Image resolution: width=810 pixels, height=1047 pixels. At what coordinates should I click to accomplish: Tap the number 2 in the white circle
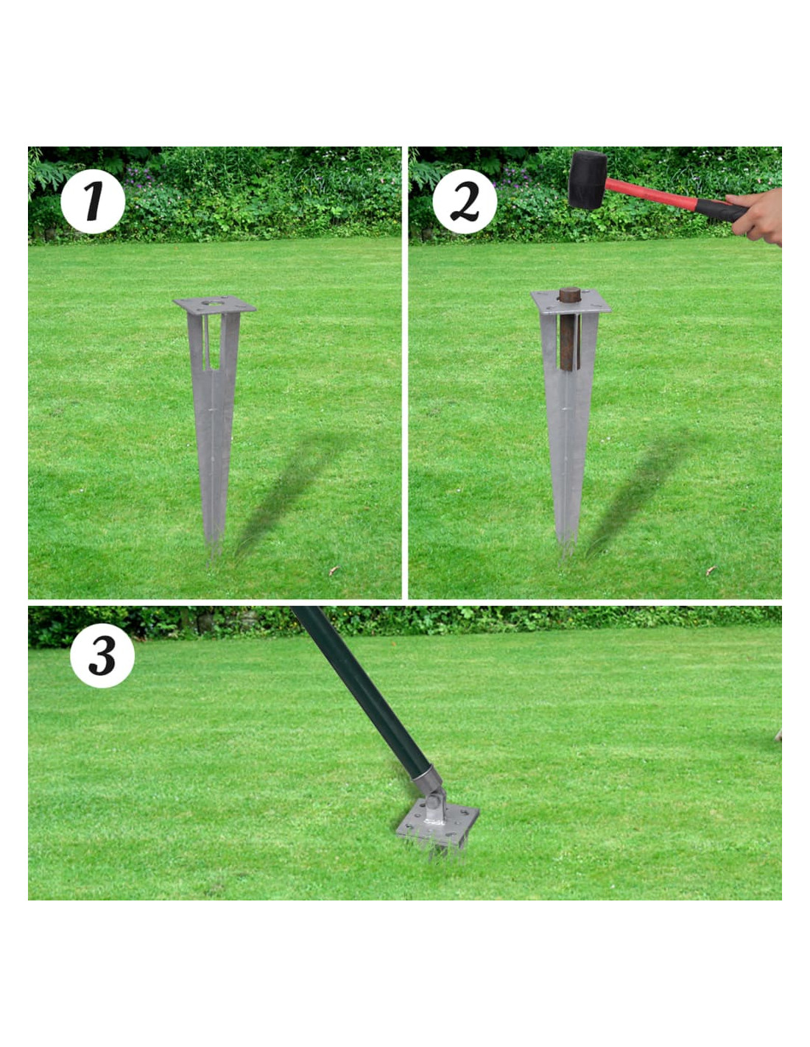pyautogui.click(x=465, y=203)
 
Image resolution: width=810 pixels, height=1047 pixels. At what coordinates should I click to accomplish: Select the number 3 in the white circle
pyautogui.click(x=102, y=658)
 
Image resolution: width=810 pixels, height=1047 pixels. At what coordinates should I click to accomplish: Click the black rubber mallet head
pyautogui.click(x=588, y=179)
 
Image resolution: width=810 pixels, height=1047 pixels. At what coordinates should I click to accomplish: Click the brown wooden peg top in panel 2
pyautogui.click(x=569, y=294)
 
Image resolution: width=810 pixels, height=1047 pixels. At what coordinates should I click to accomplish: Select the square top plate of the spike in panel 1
pyautogui.click(x=214, y=305)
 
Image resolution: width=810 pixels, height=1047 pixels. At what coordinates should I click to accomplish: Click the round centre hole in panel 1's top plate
pyautogui.click(x=211, y=303)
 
